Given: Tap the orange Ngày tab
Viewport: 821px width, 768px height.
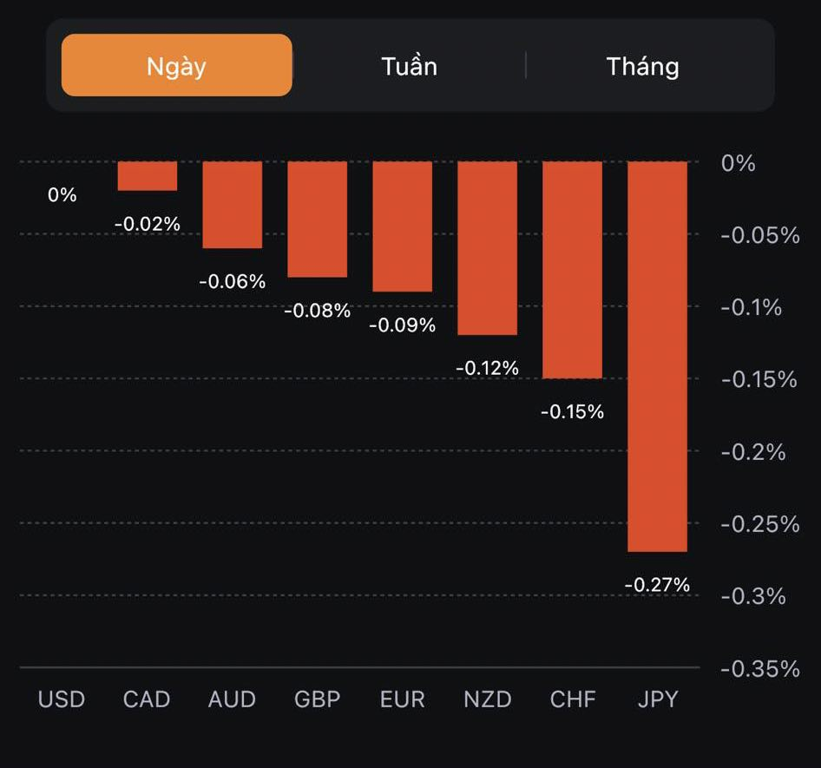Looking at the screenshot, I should [176, 65].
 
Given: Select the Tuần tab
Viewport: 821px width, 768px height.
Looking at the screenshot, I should [409, 66].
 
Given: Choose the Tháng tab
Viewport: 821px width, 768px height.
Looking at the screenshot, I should [642, 66].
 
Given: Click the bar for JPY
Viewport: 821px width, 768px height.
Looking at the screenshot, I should [657, 356].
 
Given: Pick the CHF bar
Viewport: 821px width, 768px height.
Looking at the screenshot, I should [572, 269].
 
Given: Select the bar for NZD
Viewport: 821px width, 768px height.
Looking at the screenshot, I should [487, 247].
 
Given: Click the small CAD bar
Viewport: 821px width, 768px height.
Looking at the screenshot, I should [148, 175].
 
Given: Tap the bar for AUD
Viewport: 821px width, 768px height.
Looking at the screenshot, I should [232, 205].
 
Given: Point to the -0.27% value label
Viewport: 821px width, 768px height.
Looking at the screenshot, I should [657, 585].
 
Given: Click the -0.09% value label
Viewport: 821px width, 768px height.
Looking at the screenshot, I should [402, 325].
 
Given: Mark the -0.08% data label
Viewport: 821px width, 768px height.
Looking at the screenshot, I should [317, 310].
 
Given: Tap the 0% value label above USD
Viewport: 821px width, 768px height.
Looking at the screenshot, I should [62, 195].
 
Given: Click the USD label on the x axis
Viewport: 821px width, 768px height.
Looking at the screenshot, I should [62, 699].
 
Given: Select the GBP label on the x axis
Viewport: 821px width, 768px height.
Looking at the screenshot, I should [317, 699].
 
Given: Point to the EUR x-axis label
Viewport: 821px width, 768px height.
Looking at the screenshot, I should [402, 699].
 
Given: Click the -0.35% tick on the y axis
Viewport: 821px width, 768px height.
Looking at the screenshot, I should [759, 668].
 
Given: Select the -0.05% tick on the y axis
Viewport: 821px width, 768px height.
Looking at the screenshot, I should [759, 235].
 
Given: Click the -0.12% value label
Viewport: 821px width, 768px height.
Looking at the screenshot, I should [487, 368].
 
